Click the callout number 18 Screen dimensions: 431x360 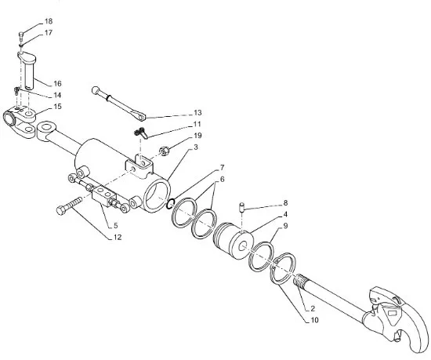49,21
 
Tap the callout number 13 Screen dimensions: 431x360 197,113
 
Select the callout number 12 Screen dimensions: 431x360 118,237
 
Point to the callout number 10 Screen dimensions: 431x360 314,320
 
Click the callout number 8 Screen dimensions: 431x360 285,203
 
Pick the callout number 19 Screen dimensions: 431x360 197,136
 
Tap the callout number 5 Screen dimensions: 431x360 115,226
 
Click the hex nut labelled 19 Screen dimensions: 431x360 165,151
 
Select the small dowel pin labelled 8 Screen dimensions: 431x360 242,207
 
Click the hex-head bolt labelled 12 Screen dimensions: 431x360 69,205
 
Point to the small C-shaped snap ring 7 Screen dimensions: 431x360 170,204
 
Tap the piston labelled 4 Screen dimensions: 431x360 234,241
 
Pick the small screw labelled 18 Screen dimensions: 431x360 21,36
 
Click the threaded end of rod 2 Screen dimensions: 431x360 300,282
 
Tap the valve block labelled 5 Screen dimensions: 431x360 103,196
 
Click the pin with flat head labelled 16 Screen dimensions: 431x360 28,69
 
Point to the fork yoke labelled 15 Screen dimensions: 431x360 20,121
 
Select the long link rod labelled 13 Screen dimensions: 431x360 119,103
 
